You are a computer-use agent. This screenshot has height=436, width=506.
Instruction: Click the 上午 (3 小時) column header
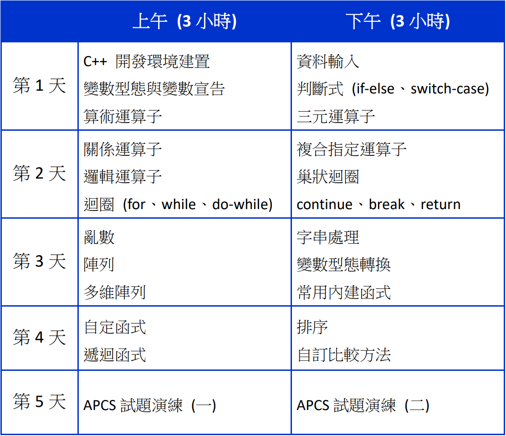[184, 21]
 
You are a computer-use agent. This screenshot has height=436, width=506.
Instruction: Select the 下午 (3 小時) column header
[398, 21]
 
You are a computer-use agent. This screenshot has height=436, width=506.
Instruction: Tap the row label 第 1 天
[39, 86]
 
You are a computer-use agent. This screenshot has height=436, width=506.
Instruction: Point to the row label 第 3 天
[39, 261]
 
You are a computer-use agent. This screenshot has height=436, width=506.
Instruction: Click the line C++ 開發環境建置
[147, 62]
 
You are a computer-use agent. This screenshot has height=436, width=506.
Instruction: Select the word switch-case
[447, 89]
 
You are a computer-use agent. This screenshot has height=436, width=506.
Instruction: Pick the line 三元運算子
[336, 117]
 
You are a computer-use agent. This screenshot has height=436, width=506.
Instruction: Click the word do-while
[240, 204]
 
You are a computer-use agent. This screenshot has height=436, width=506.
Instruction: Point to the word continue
[324, 205]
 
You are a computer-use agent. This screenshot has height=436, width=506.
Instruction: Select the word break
[387, 204]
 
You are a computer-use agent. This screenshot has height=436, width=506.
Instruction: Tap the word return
[440, 205]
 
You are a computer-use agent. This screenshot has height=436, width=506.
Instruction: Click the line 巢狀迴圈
[328, 177]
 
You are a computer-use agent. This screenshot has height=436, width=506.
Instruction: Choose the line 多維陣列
[115, 292]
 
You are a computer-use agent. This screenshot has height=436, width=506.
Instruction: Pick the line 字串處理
[328, 237]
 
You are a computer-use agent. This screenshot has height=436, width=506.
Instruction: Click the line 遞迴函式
[115, 354]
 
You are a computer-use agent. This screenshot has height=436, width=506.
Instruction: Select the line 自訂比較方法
[344, 354]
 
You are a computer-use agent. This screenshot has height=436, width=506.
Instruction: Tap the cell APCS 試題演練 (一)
[150, 405]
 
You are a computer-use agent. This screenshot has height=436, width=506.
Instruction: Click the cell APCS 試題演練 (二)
[363, 405]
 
